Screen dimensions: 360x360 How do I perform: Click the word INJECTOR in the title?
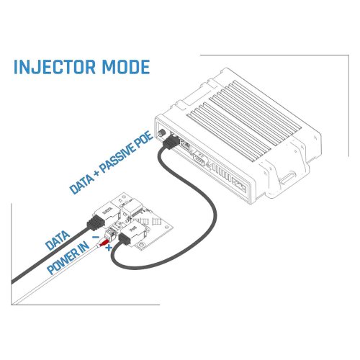(x=55, y=67)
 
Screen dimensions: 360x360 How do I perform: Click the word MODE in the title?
(x=126, y=67)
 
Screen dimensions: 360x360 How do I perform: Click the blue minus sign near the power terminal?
(x=96, y=238)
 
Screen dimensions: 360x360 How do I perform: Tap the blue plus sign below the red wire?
(x=109, y=248)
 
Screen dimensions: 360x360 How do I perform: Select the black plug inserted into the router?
(x=171, y=143)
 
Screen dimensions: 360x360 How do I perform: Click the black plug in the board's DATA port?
(x=95, y=223)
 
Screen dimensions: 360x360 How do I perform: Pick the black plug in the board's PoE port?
(x=125, y=238)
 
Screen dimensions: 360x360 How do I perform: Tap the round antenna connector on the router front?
(x=162, y=132)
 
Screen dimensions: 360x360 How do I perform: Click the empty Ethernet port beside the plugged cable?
(x=186, y=145)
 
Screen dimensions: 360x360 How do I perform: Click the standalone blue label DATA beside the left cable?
(x=58, y=240)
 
